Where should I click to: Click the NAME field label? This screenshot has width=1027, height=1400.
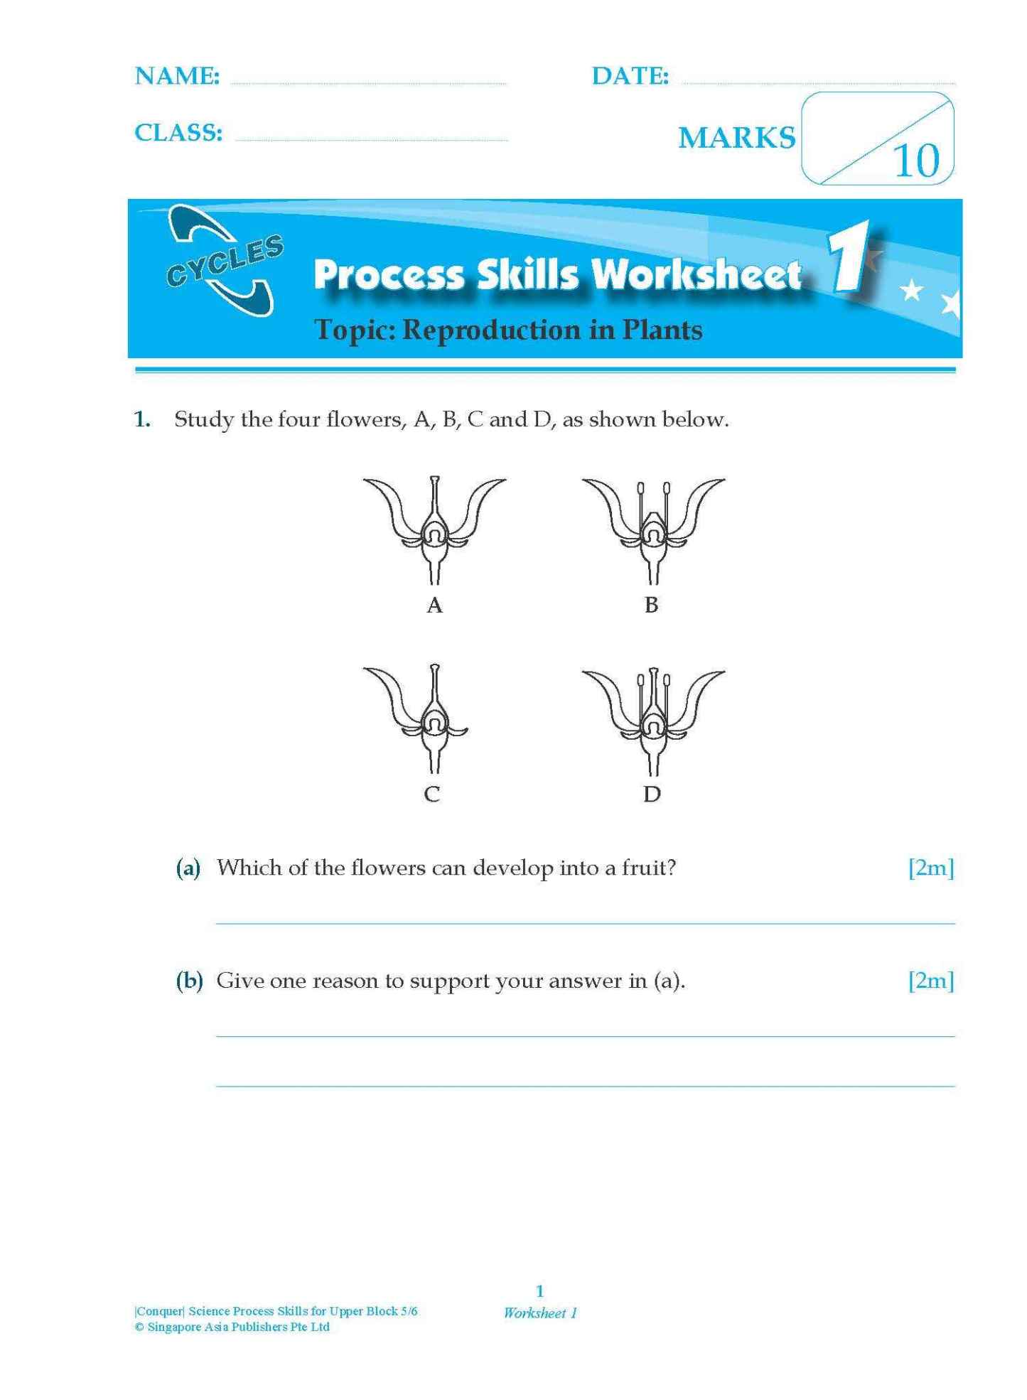pyautogui.click(x=177, y=76)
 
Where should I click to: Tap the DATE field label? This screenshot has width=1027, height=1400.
pyautogui.click(x=630, y=76)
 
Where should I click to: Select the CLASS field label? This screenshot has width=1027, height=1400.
pyautogui.click(x=178, y=132)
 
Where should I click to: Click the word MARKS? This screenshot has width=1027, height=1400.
pyautogui.click(x=736, y=138)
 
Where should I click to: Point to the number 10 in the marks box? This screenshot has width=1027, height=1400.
pyautogui.click(x=916, y=161)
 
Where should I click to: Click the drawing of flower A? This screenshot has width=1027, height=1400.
pyautogui.click(x=434, y=529)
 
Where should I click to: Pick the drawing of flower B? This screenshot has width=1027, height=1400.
pyautogui.click(x=652, y=529)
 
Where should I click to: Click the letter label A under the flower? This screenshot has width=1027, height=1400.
pyautogui.click(x=434, y=605)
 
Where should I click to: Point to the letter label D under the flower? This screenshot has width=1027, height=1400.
pyautogui.click(x=652, y=794)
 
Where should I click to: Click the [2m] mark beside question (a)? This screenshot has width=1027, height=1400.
pyautogui.click(x=930, y=868)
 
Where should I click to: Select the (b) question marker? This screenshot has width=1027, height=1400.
pyautogui.click(x=189, y=981)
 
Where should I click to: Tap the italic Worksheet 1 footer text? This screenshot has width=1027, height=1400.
pyautogui.click(x=540, y=1313)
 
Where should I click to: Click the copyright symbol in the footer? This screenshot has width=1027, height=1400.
pyautogui.click(x=139, y=1327)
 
